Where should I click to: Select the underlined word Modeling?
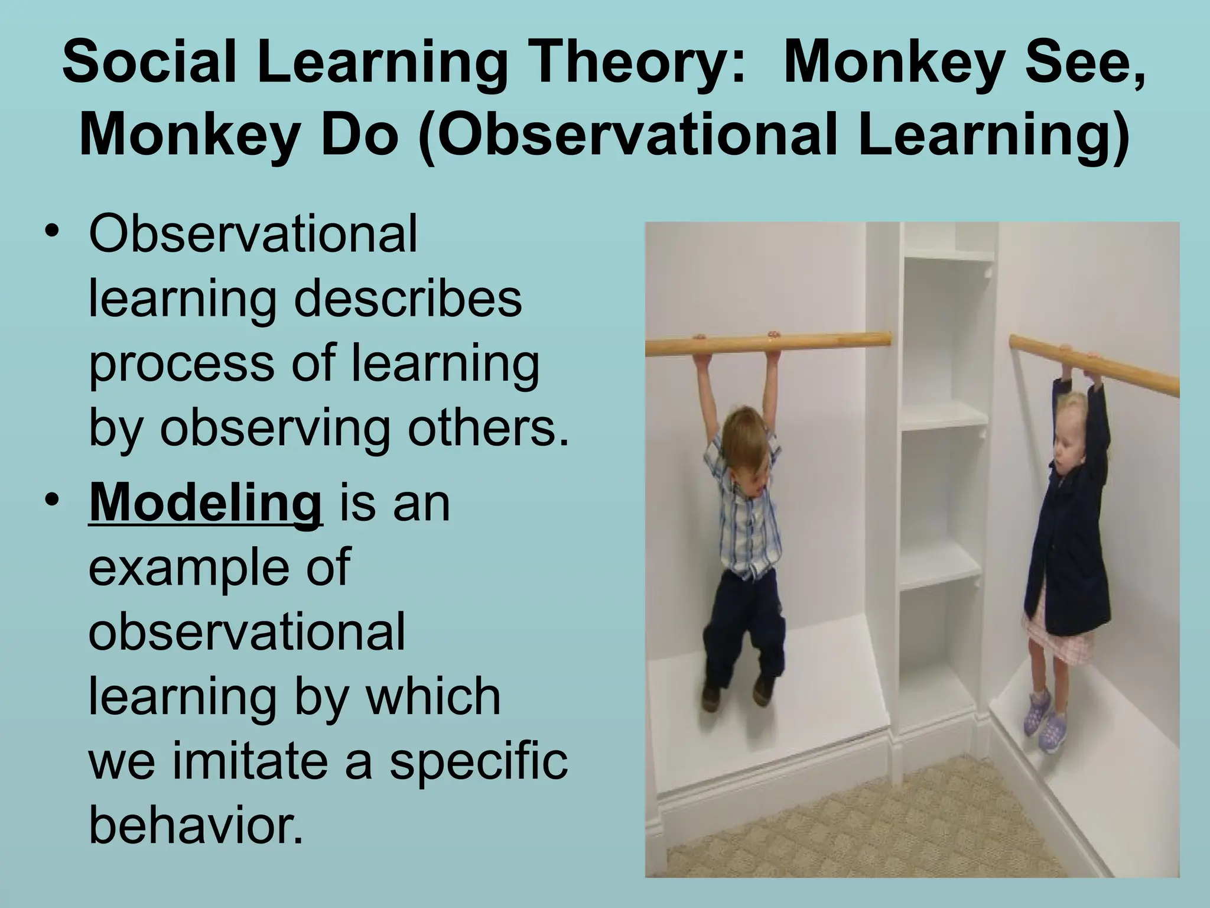pyautogui.click(x=205, y=504)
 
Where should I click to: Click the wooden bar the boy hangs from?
pyautogui.click(x=768, y=343)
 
